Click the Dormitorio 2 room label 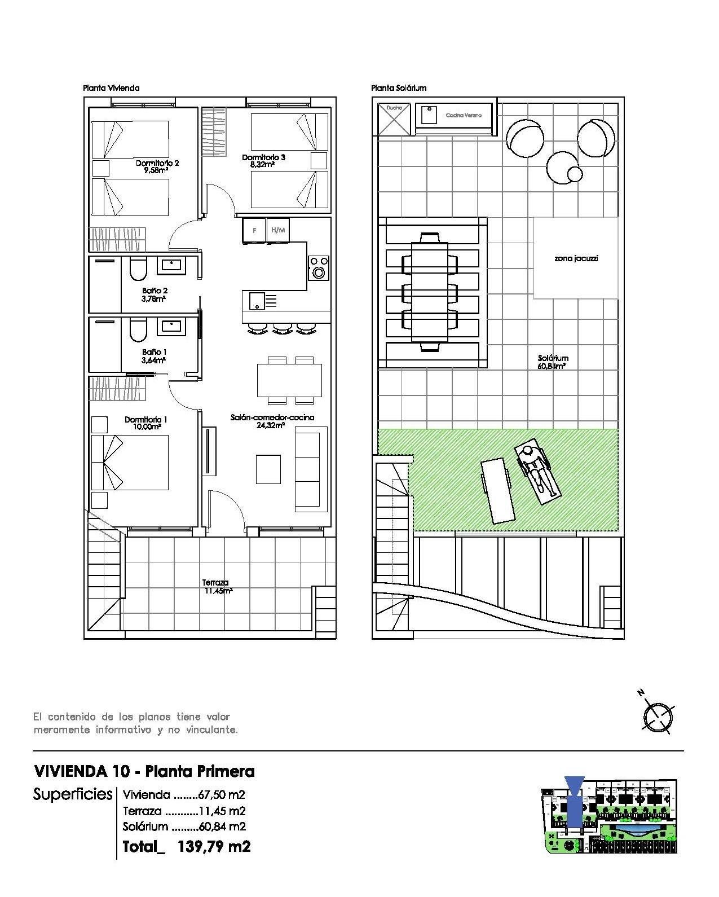157,163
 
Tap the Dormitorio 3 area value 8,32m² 262,165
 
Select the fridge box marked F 254,231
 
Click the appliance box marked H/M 278,231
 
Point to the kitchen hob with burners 319,268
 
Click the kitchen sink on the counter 257,300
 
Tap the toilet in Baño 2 138,270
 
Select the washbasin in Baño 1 170,326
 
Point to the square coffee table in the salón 268,469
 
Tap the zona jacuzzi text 576,259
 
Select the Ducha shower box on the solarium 394,118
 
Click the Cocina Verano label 464,115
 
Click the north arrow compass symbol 658,716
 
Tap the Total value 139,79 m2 214,846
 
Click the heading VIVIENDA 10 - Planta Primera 144,771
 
